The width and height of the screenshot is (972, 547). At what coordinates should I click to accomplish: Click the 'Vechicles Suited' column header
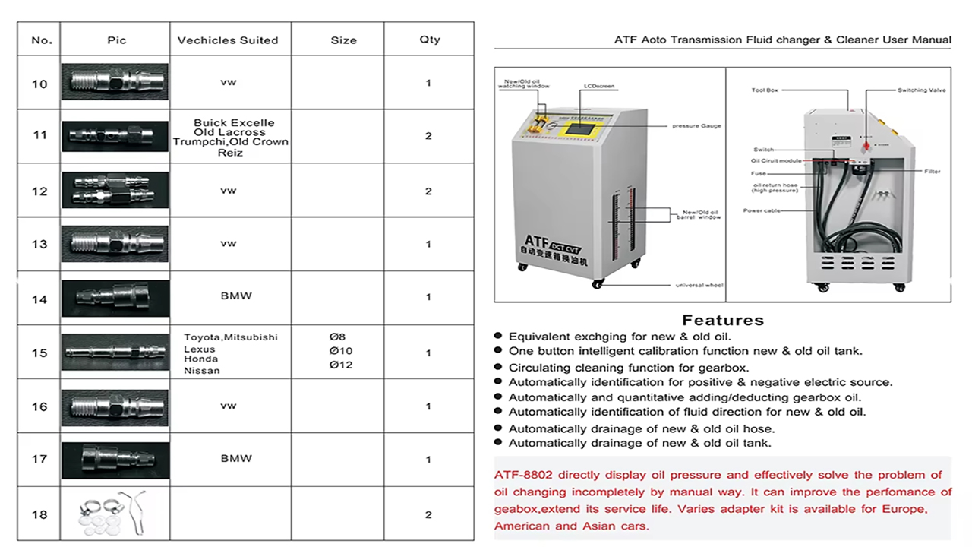coord(228,40)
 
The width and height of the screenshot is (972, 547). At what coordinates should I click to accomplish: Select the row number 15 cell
coord(39,353)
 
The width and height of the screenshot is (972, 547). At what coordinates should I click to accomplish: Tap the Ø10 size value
coord(341,351)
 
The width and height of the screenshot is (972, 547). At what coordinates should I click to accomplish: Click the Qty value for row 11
coord(429,136)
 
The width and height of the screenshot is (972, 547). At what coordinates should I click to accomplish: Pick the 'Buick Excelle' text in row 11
coord(234,123)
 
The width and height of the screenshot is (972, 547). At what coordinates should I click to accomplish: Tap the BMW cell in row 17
coord(236,459)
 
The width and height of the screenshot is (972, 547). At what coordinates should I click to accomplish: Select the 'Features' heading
coord(722,320)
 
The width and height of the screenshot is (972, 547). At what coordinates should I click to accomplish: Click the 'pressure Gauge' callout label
coord(696,126)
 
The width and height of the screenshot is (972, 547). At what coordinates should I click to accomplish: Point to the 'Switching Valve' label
coord(921,90)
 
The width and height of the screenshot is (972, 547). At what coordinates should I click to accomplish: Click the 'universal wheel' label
coord(699,286)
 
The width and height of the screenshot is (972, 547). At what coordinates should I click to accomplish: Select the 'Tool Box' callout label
coord(765,90)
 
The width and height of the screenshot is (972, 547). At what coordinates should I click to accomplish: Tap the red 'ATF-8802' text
coord(524,476)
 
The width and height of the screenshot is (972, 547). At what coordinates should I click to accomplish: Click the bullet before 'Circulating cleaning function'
coord(498,367)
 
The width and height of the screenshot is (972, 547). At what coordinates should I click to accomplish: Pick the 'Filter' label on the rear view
coord(933,172)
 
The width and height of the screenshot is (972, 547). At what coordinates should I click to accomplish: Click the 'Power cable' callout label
coord(762,210)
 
